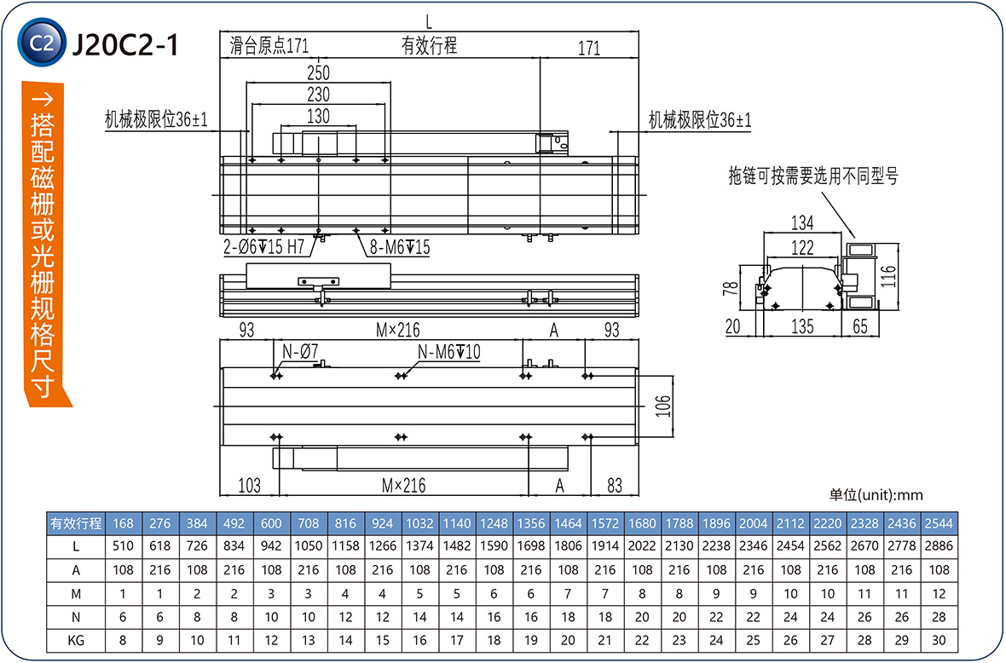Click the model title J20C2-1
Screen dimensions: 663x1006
point(125,44)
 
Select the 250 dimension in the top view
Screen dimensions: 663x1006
point(318,73)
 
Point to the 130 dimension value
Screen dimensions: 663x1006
point(318,117)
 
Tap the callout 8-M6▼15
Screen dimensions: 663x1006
point(399,248)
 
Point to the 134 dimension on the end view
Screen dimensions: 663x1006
point(802,223)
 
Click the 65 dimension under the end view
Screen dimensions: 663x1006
point(859,326)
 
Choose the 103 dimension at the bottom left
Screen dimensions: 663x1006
point(249,486)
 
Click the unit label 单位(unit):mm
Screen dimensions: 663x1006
point(876,495)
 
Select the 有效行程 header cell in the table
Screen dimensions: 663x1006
point(76,523)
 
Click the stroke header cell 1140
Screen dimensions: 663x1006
point(457,523)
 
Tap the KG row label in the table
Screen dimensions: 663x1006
point(76,640)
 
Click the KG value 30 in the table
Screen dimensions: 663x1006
point(939,640)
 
